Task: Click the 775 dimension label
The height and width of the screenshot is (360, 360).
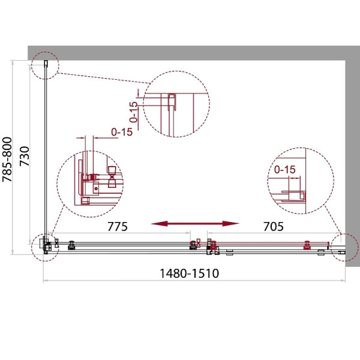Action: pos(118,227)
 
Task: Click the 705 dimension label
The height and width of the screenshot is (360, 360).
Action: pos(273,227)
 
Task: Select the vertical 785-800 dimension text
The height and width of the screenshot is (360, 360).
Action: pos(7,160)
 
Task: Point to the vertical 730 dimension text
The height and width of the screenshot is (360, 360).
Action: pos(25,157)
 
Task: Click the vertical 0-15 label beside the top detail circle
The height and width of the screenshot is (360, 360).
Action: pos(133,112)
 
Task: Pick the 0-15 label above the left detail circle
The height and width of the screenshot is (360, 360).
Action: pos(122,132)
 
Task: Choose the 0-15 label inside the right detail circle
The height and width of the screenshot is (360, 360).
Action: pos(284,170)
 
